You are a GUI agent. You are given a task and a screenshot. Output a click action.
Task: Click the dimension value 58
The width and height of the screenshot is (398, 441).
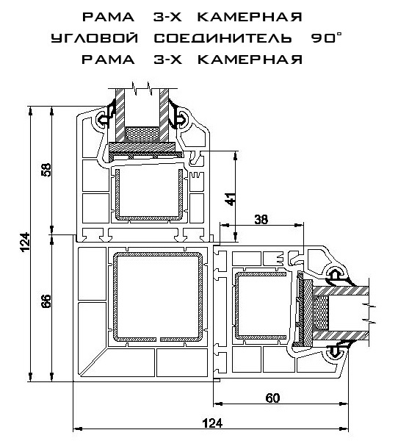click(47, 170)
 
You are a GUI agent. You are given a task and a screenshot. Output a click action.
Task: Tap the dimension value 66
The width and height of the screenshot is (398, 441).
click(46, 301)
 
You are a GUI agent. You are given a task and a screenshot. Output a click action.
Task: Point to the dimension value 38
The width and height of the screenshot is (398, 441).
click(261, 219)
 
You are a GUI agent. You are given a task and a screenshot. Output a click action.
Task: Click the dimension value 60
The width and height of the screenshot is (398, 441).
click(272, 398)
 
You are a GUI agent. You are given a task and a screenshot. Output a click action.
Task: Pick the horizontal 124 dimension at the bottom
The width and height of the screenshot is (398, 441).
click(212, 423)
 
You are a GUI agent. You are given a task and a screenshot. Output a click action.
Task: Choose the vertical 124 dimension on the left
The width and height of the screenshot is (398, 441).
click(25, 242)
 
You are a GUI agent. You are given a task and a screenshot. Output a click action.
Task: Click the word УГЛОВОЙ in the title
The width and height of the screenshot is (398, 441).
click(95, 38)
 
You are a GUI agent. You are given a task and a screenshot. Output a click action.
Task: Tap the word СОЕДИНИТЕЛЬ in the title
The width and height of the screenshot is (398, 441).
click(223, 38)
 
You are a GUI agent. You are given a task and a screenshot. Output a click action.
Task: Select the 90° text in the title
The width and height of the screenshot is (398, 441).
click(326, 37)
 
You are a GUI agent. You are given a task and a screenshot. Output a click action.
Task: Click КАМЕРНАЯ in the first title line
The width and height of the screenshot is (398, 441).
click(250, 17)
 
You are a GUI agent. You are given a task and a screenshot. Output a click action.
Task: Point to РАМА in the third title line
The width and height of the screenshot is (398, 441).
click(108, 60)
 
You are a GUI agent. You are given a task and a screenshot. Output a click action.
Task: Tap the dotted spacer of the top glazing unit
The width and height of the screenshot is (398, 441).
click(142, 135)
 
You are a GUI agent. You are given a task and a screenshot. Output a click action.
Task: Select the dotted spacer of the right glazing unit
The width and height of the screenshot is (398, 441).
click(321, 313)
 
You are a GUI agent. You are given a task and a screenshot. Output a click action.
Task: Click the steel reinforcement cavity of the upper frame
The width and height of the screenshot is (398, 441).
click(149, 193)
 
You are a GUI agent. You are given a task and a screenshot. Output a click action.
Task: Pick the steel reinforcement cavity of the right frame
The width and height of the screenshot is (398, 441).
click(263, 305)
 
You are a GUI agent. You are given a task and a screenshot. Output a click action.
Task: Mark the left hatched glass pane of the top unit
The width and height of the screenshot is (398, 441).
click(120, 115)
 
